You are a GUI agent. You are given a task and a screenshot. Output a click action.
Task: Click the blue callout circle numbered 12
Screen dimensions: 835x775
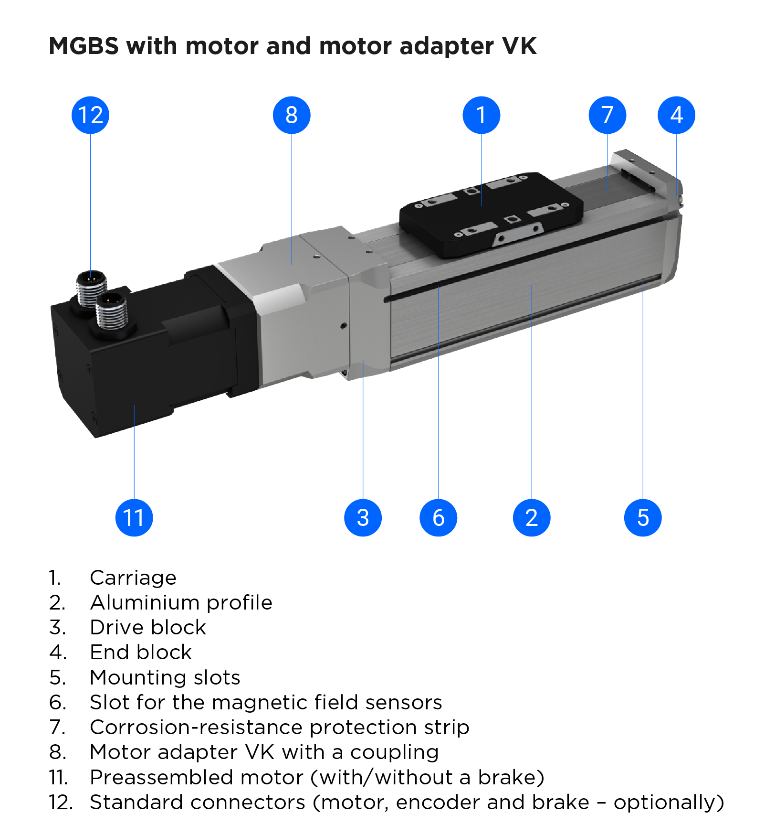[x=90, y=115]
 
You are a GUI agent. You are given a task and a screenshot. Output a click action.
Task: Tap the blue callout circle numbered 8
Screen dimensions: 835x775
[x=292, y=115]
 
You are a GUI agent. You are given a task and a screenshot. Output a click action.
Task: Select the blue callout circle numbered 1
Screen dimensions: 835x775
[x=482, y=115]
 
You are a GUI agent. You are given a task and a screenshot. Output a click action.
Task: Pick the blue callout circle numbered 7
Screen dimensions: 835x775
[x=607, y=115]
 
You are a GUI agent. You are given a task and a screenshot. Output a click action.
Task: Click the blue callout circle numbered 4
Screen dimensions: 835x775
[x=676, y=115]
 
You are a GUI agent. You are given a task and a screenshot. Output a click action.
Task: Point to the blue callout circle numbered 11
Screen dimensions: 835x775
[x=134, y=518]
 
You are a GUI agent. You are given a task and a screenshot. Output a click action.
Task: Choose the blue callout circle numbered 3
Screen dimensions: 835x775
[x=363, y=518]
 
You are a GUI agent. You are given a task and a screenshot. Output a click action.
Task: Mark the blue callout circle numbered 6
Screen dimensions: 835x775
[x=438, y=518]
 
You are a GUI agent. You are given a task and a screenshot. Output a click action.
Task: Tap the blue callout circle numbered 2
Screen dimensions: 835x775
[x=532, y=518]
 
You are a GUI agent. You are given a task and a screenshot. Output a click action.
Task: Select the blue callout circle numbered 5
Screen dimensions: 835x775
[x=643, y=518]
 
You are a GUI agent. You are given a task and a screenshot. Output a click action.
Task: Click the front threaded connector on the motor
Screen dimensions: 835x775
[x=112, y=310]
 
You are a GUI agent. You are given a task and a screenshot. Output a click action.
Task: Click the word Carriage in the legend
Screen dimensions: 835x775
[x=133, y=578]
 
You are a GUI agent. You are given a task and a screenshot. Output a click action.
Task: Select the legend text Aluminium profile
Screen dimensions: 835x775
[x=181, y=602]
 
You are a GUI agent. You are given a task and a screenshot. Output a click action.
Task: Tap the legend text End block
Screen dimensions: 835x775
[x=141, y=652]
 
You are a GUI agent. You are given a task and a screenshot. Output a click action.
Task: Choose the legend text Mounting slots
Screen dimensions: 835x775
[x=165, y=677]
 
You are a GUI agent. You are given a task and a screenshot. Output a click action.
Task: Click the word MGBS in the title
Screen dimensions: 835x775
[x=84, y=46]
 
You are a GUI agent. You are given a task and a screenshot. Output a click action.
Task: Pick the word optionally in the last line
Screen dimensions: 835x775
[x=668, y=802]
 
